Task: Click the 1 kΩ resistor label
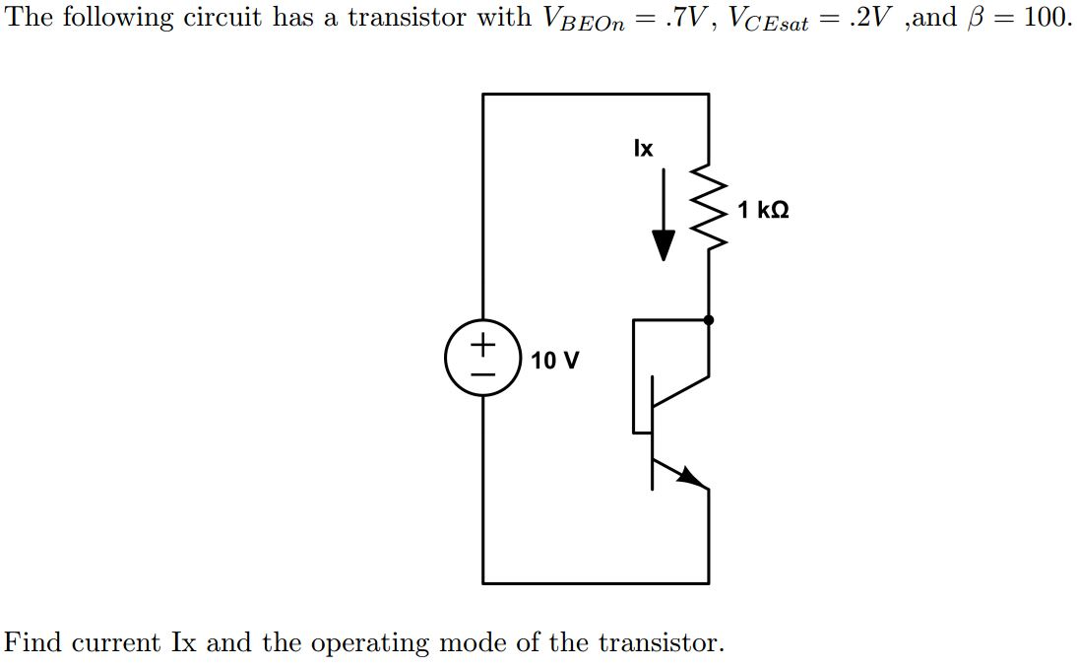click(x=762, y=210)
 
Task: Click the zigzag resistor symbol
click(x=710, y=211)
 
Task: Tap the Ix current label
click(x=642, y=149)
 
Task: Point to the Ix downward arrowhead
click(x=665, y=246)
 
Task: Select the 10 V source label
click(x=554, y=361)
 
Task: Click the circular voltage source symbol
click(x=482, y=359)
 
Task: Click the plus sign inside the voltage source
click(x=482, y=345)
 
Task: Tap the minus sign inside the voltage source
click(x=482, y=374)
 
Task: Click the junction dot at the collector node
click(x=709, y=319)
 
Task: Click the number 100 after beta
click(x=1046, y=18)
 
